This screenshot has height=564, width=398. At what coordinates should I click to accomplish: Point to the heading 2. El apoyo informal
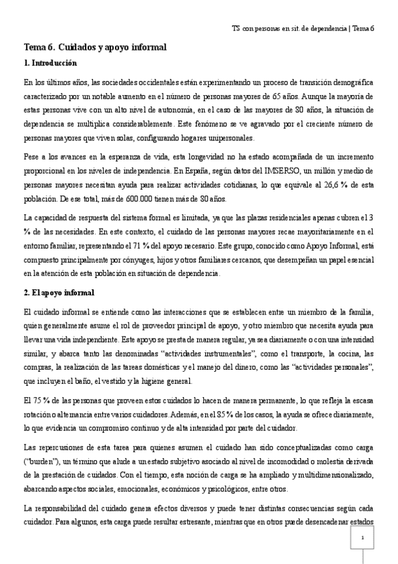[58, 293]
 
